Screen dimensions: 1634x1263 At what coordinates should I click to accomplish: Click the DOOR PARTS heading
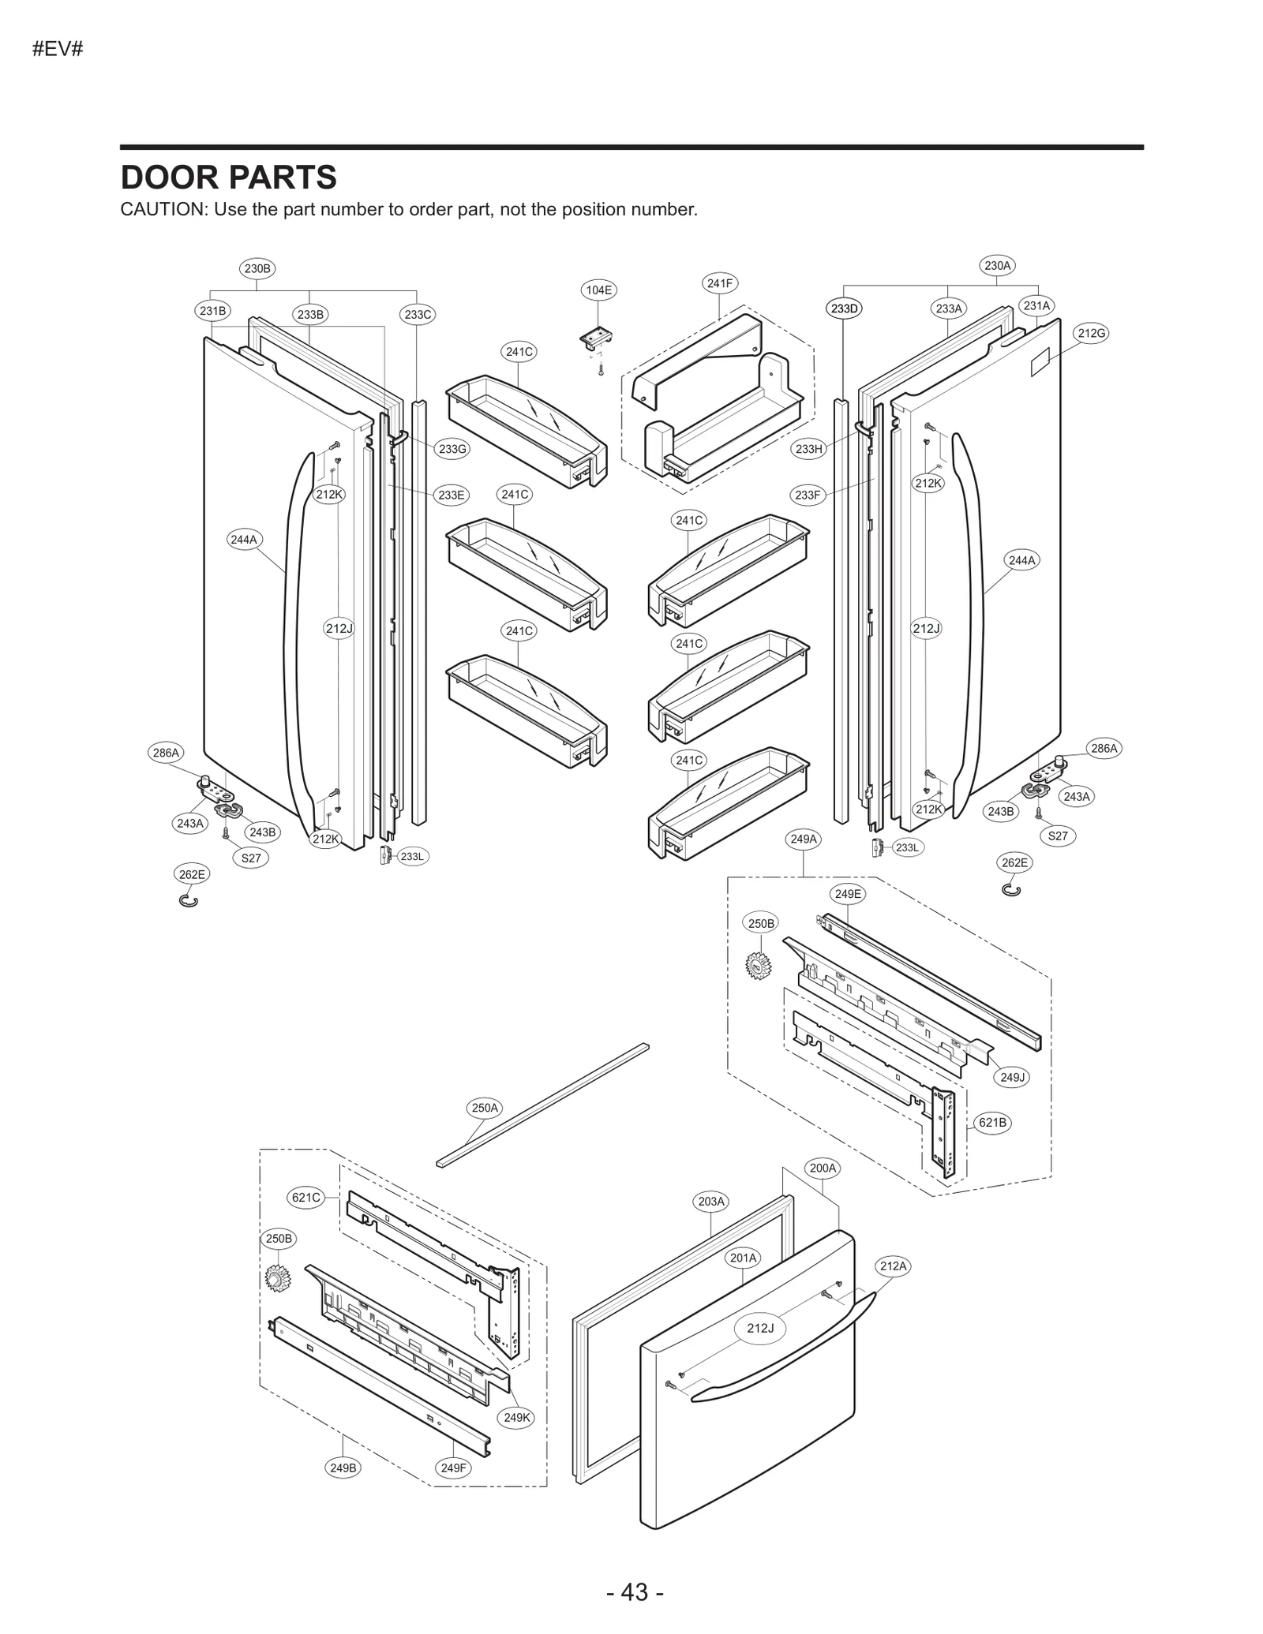pos(228,178)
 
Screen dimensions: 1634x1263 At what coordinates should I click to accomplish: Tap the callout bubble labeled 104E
pos(598,290)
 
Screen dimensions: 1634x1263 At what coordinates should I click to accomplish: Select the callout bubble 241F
pos(719,283)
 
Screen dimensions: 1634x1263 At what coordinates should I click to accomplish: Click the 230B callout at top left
pos(257,268)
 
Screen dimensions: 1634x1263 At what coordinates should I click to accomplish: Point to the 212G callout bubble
pos(1091,333)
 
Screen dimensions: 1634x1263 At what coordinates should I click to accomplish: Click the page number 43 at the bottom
pos(635,1592)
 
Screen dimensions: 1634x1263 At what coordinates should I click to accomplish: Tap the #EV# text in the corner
pos(58,50)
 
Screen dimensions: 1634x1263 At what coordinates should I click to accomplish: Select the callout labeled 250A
pos(485,1108)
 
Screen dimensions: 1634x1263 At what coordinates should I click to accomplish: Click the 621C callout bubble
pos(306,1197)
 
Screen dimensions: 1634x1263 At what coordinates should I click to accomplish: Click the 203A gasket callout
pos(711,1201)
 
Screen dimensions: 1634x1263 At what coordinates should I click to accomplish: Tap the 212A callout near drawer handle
pos(894,1266)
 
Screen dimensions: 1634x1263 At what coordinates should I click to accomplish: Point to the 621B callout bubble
pos(992,1122)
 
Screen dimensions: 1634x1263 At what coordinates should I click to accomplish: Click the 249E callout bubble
pos(848,894)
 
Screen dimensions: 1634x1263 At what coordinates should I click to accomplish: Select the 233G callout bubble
pos(452,449)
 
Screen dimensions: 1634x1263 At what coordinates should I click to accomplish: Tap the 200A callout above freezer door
pos(823,1167)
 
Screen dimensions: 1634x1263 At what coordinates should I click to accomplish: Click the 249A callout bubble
pos(804,839)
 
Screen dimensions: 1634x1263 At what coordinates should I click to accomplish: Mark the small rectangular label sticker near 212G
pos(1043,362)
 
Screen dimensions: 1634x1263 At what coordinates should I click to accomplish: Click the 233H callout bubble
pos(808,449)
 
